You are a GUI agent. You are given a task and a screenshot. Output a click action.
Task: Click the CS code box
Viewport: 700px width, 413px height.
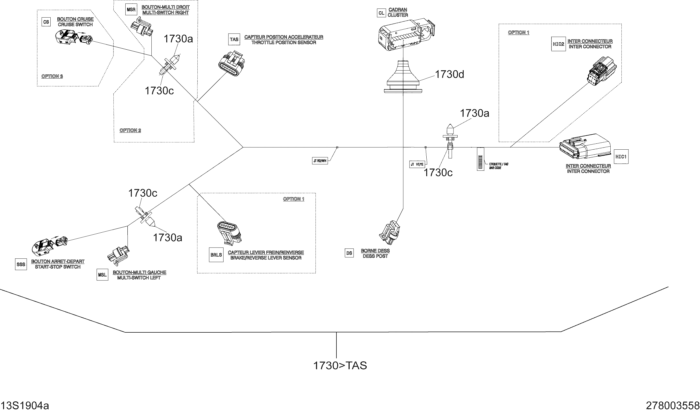pos(46,22)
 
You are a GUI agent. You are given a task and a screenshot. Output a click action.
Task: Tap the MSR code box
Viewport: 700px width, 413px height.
pos(131,10)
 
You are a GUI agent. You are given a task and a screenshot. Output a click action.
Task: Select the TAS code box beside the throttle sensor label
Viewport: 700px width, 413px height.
pos(234,40)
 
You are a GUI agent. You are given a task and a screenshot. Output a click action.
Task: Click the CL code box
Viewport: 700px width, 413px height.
pos(381,13)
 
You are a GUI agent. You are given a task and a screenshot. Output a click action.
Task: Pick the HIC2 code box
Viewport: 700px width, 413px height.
pos(558,44)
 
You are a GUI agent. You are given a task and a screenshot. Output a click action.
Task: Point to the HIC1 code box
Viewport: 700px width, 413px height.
pos(621,157)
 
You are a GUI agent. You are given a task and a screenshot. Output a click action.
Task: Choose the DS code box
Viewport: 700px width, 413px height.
pos(349,253)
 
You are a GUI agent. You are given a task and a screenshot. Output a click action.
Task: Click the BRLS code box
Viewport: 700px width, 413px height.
pos(216,255)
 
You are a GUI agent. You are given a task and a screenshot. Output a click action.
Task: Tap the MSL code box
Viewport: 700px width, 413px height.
pos(102,275)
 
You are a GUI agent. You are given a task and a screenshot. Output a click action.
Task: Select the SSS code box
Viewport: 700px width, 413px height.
pos(21,264)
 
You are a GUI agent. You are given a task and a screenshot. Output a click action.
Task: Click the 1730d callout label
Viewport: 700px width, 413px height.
pos(449,75)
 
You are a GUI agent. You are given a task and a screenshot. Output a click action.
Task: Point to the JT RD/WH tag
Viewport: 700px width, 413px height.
pos(320,161)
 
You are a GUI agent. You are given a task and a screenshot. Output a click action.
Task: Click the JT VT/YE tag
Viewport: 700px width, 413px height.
pos(417,164)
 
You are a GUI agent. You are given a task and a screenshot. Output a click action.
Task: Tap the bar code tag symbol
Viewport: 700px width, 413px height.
pos(480,159)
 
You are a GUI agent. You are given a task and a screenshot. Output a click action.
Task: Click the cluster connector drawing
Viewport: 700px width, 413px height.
pos(406,35)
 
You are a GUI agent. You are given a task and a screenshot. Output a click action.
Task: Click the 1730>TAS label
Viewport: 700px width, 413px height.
pos(340,366)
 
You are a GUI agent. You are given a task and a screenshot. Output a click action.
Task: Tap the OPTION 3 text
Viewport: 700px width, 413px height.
pos(52,76)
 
